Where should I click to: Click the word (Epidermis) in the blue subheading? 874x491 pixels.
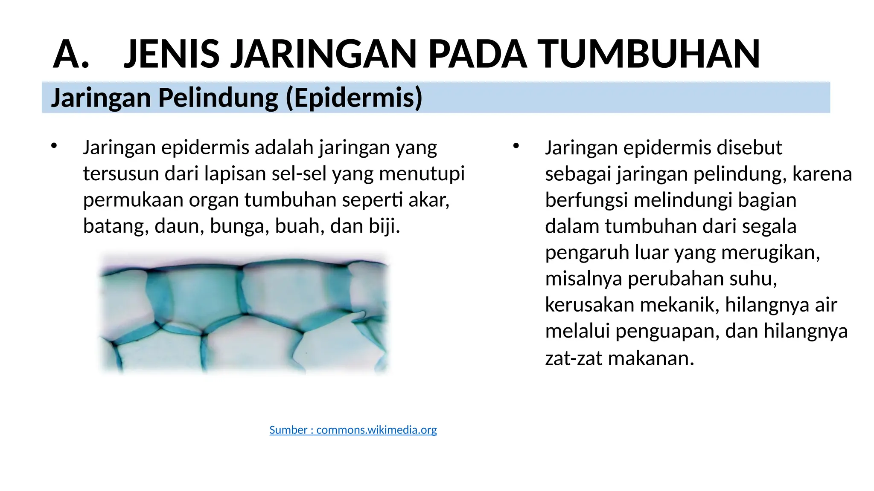[x=354, y=98]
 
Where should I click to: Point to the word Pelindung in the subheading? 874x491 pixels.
[x=218, y=98]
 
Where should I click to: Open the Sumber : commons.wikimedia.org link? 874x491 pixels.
[x=353, y=430]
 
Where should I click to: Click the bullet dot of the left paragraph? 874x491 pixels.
[x=53, y=146]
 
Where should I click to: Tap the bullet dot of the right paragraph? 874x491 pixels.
[x=516, y=146]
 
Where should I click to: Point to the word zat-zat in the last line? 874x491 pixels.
[x=574, y=358]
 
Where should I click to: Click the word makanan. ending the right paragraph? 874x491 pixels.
[x=651, y=358]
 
